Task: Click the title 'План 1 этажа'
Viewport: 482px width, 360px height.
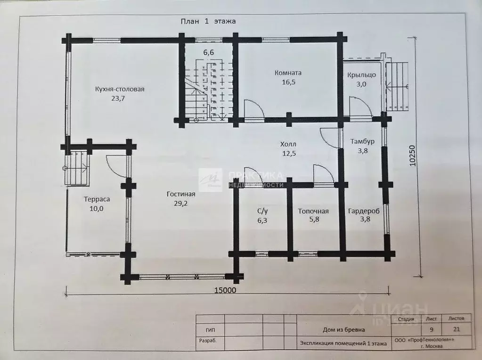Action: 208,21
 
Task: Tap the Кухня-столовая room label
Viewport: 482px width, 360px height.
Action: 120,89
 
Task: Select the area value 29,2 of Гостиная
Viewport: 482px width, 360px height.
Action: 181,203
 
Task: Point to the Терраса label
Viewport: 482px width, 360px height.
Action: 97,199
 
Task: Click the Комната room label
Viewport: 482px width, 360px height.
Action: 288,73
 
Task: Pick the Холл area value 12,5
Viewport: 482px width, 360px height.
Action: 289,153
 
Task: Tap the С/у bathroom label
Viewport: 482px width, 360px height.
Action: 262,211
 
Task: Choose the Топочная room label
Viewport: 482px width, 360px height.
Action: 313,211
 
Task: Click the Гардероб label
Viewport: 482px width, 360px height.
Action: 364,211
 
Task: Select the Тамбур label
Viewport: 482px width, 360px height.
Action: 362,141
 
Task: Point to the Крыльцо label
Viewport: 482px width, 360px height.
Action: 361,75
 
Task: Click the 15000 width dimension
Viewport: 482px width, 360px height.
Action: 225,290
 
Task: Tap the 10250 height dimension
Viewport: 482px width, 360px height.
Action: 412,156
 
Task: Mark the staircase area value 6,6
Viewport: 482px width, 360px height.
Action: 208,52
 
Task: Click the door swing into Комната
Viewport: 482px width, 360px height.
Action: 254,109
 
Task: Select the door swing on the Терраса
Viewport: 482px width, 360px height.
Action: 116,166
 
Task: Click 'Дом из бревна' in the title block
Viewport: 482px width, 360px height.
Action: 343,329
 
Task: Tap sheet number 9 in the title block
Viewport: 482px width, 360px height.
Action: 432,329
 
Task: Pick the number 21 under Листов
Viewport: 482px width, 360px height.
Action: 457,329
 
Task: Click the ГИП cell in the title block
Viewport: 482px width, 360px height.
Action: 211,330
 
